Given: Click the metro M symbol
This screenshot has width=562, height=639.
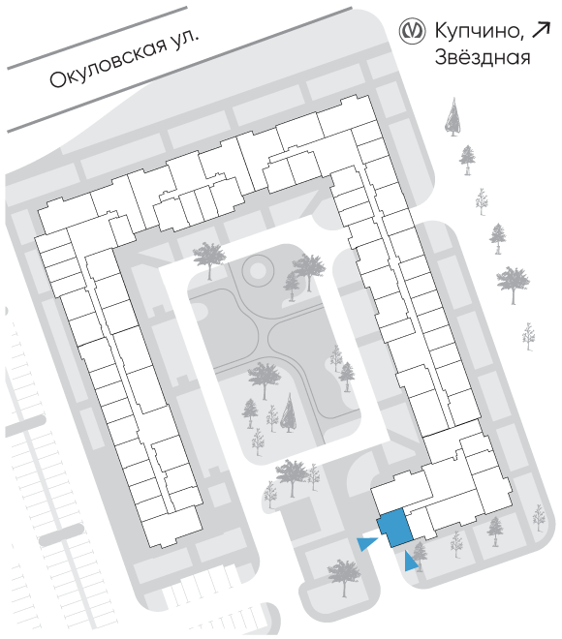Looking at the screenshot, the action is tap(412, 32).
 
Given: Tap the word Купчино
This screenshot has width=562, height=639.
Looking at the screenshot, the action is tap(480, 31).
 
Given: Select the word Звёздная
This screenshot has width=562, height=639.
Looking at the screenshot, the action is tap(483, 57).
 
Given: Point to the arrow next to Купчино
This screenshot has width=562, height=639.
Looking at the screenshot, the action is tap(542, 31).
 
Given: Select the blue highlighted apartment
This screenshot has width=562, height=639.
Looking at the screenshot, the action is tap(394, 528).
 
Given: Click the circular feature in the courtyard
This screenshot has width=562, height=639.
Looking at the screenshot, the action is tap(257, 269).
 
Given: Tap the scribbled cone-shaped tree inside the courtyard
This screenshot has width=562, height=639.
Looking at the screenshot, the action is tap(289, 412).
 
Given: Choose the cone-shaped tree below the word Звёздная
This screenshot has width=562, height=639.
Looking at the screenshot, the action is tap(453, 116).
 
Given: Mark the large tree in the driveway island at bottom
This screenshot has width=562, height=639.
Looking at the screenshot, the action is tap(344, 577).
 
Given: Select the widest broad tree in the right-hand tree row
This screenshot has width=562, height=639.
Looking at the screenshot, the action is tap(513, 286).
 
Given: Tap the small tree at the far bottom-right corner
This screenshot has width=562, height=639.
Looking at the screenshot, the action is tap(539, 518).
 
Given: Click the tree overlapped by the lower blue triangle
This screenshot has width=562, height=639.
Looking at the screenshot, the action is tap(419, 557).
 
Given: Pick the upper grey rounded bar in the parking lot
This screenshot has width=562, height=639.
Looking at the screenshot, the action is tap(25, 425).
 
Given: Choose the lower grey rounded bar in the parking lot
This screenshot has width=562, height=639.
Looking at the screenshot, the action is tap(62, 534).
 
